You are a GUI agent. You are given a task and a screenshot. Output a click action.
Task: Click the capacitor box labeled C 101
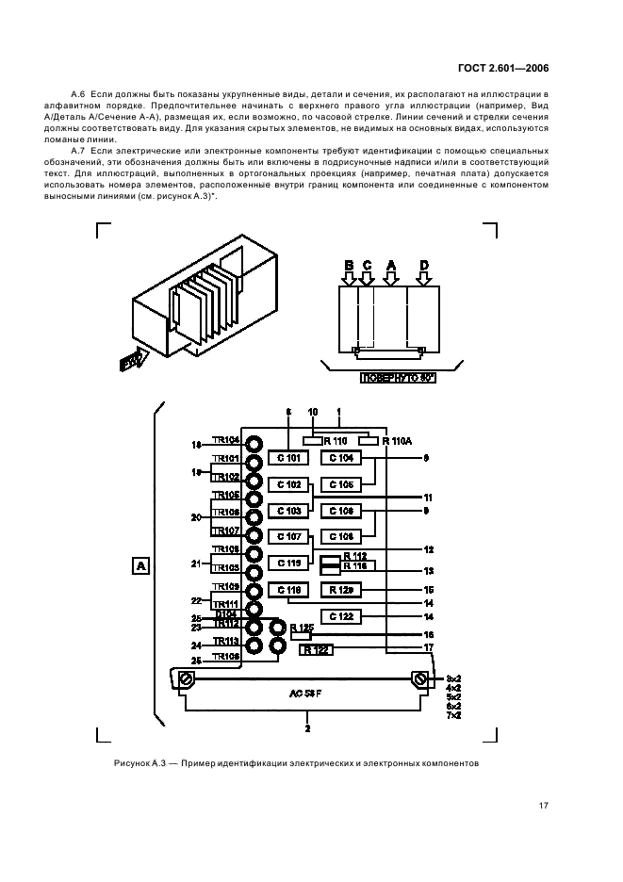coord(289,459)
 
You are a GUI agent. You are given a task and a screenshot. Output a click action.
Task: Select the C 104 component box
coord(342,459)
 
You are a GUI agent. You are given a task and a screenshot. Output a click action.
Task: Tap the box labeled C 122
coord(342,616)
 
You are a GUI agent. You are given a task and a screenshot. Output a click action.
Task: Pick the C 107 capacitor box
coord(289,537)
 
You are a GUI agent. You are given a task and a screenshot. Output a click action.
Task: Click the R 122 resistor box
coord(317,649)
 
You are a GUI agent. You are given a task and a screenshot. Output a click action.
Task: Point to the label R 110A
coord(397,440)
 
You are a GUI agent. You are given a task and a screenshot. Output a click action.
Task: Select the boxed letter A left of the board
coord(140,566)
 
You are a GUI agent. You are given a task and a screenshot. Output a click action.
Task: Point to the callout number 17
coord(428,647)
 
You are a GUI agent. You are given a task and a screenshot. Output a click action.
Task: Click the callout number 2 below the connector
coord(307,728)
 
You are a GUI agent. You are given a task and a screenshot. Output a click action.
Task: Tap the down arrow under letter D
coord(424,278)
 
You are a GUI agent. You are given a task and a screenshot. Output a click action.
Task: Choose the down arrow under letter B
coord(349,278)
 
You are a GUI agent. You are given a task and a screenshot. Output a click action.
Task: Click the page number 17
coord(544,806)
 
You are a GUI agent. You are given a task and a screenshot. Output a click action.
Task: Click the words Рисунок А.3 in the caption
coord(139,762)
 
